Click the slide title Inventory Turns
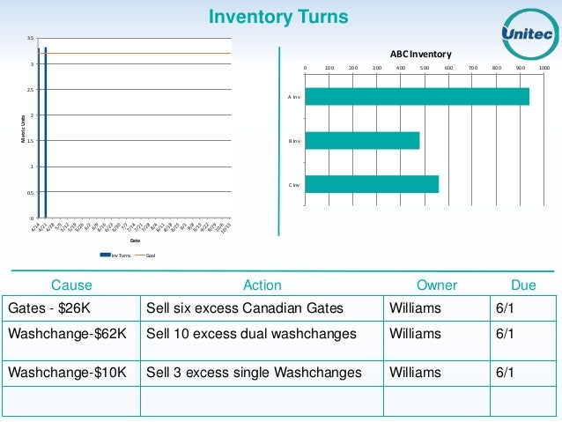[277, 17]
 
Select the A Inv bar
[417, 96]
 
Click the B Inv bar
[362, 140]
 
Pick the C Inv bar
[372, 184]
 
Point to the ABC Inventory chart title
[421, 53]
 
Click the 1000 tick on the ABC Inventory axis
[544, 67]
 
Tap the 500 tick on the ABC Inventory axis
[425, 67]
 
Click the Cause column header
[71, 285]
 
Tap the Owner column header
[437, 285]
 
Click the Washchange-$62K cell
[67, 334]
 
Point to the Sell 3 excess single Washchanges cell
[254, 373]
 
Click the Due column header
[523, 285]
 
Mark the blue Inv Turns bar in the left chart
[45, 132]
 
